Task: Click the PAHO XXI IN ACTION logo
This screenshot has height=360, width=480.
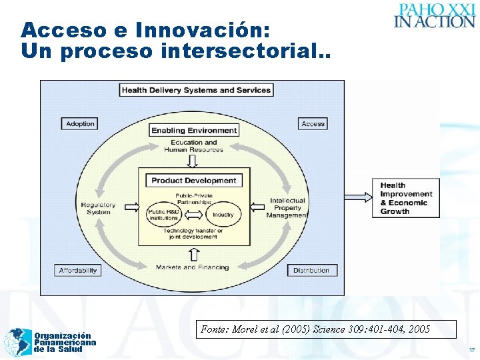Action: click(x=434, y=15)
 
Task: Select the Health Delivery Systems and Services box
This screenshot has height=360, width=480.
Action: click(x=196, y=90)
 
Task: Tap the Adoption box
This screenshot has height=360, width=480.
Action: click(x=80, y=123)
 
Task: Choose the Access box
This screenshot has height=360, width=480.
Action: click(x=313, y=123)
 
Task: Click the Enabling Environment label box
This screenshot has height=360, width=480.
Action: click(x=193, y=131)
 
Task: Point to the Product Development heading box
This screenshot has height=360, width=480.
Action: click(x=193, y=180)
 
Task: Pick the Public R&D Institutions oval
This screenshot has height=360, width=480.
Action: click(x=163, y=215)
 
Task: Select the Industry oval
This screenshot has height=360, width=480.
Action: click(x=223, y=215)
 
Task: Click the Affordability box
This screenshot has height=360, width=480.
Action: click(x=78, y=270)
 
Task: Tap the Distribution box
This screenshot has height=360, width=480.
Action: click(x=311, y=270)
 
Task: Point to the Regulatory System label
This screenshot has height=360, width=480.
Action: click(x=99, y=209)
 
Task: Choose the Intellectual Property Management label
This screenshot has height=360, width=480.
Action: click(x=287, y=208)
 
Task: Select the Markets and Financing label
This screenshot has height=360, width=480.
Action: click(x=192, y=267)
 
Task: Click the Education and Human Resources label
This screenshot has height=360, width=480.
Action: click(x=194, y=146)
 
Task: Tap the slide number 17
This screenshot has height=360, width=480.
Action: click(x=471, y=350)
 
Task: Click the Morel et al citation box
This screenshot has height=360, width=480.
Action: click(x=326, y=329)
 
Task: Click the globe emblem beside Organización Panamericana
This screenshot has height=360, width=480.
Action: click(x=16, y=341)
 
